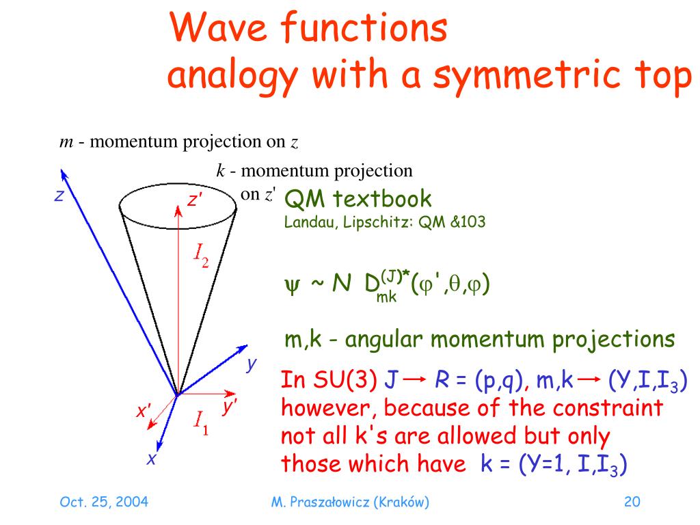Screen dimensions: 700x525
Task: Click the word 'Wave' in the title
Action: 212,29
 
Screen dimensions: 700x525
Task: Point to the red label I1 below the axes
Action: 201,422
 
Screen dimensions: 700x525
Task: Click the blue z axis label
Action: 59,196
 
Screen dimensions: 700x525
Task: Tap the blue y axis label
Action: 252,364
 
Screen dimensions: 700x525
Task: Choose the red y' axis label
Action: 230,407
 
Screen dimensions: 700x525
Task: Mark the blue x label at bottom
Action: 152,459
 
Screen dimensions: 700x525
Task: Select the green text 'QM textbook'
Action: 358,199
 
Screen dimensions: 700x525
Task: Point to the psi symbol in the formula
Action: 290,284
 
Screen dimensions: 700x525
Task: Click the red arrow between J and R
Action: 415,381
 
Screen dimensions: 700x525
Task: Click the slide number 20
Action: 632,502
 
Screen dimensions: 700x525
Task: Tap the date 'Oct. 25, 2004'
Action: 104,502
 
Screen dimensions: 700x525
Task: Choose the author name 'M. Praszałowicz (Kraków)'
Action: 350,502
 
